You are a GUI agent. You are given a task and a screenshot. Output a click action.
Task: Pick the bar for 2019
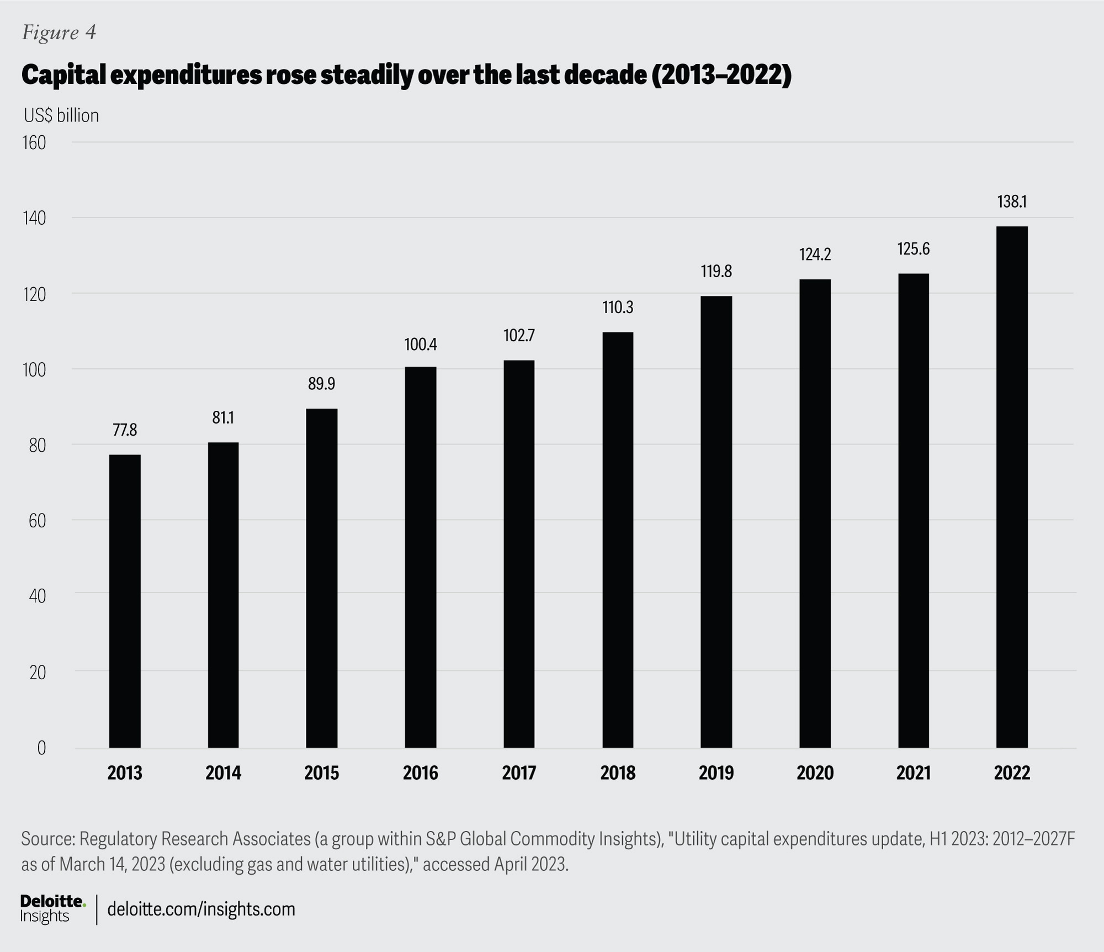coord(716,522)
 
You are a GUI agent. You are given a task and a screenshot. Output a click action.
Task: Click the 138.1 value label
coord(1012,202)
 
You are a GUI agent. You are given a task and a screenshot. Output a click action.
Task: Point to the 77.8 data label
coord(125,430)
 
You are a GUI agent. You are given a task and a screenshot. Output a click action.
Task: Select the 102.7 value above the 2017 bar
coord(519,336)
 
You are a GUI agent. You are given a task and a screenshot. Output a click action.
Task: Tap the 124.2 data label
coord(815,255)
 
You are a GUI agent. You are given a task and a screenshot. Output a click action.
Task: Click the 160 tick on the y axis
coord(34,143)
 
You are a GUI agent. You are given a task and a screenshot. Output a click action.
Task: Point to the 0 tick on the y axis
coord(41,748)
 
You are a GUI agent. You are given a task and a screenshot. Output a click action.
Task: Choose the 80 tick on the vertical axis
coord(38,445)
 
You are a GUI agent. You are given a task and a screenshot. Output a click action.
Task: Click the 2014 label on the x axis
coord(223,773)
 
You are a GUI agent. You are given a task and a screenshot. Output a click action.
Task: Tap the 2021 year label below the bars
coord(913,773)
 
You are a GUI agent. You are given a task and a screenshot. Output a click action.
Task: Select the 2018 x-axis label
coord(618,773)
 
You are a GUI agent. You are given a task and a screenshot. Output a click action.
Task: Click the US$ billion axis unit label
coord(61,115)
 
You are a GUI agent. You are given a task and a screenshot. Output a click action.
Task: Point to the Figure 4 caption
coord(59,33)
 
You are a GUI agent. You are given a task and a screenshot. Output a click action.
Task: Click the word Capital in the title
coord(63,75)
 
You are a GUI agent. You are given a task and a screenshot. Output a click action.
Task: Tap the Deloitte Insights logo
coord(53,908)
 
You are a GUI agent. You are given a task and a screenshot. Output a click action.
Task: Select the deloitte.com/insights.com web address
coord(201,909)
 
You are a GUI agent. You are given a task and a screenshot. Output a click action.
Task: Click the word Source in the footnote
coord(47,839)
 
